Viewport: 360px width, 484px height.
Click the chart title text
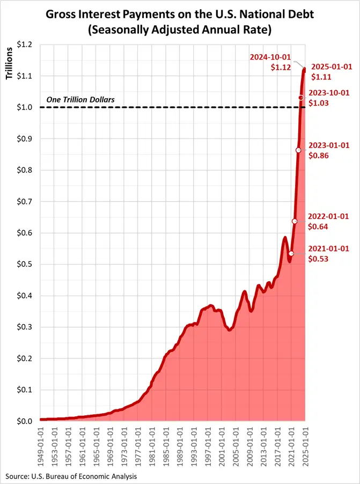pyautogui.click(x=180, y=20)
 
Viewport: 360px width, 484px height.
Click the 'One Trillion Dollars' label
pyautogui.click(x=80, y=100)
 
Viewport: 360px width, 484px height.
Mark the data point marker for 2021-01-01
pyautogui.click(x=291, y=253)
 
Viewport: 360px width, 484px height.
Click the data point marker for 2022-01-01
pyautogui.click(x=295, y=221)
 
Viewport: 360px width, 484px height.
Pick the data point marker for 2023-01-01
pyautogui.click(x=298, y=150)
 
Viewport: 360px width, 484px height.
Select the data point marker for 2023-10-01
pyautogui.click(x=301, y=98)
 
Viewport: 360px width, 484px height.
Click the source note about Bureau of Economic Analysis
pyautogui.click(x=71, y=476)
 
